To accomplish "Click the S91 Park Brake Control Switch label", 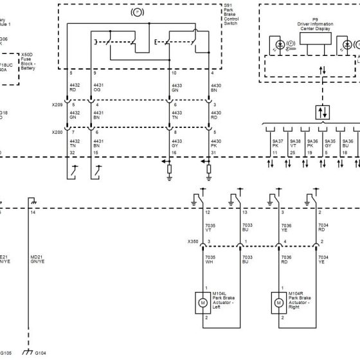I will pos(231,15).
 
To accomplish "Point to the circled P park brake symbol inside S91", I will pos(138,12).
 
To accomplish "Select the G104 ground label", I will pos(40,353).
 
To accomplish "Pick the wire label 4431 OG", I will pos(98,89).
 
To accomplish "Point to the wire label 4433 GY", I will pos(174,143).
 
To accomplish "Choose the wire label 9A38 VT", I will pos(294,143).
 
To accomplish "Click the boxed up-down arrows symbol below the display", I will pos(321,111).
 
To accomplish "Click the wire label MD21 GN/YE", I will pos(36,259).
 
